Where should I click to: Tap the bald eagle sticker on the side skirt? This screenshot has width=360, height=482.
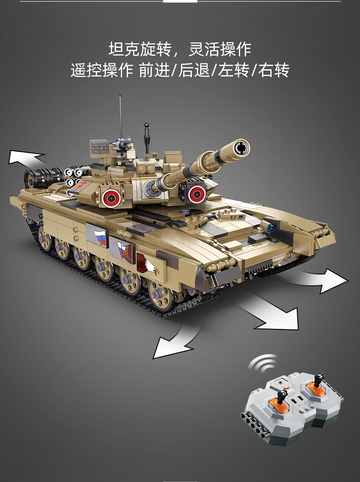pos(148,264)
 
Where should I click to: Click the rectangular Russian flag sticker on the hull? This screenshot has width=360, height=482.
pos(99,237)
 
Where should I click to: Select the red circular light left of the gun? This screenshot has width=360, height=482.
pos(111,197)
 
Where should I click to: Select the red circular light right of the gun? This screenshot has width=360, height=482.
pos(196,194)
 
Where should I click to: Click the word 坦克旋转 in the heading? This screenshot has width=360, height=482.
pos(139,50)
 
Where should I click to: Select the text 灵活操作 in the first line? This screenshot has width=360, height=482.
pos(220,50)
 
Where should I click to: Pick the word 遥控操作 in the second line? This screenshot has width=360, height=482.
pos(102,70)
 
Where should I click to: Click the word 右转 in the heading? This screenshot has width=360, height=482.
pos(273,70)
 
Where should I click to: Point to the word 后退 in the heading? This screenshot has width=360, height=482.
pos(194,70)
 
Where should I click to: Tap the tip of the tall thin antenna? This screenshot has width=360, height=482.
pos(120,95)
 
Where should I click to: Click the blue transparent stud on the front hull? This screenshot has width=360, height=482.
pos(271,228)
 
